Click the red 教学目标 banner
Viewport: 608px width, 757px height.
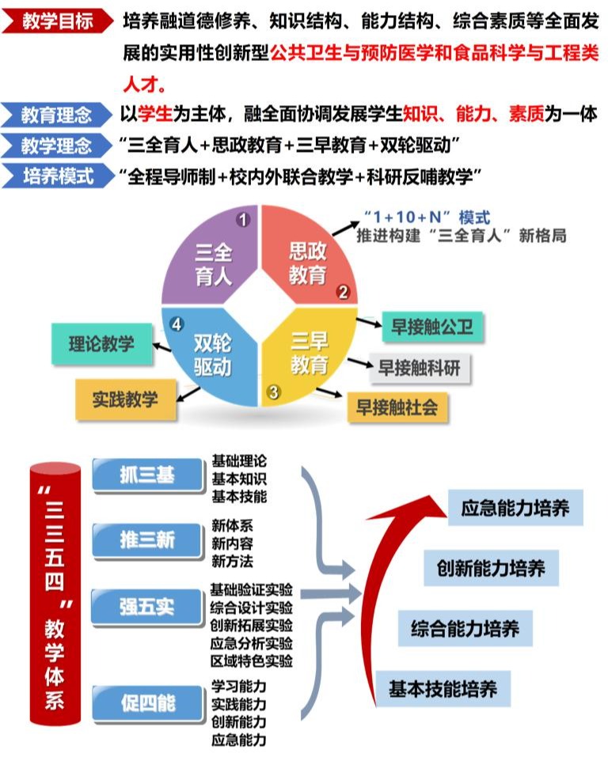(x=57, y=21)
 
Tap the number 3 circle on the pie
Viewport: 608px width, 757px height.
(x=274, y=391)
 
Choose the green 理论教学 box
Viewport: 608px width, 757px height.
(x=101, y=344)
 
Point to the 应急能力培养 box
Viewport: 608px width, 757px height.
(x=515, y=507)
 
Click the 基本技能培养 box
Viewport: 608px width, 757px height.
(x=443, y=689)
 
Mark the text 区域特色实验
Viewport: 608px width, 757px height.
(x=252, y=660)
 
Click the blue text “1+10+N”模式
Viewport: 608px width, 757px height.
(x=427, y=217)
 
